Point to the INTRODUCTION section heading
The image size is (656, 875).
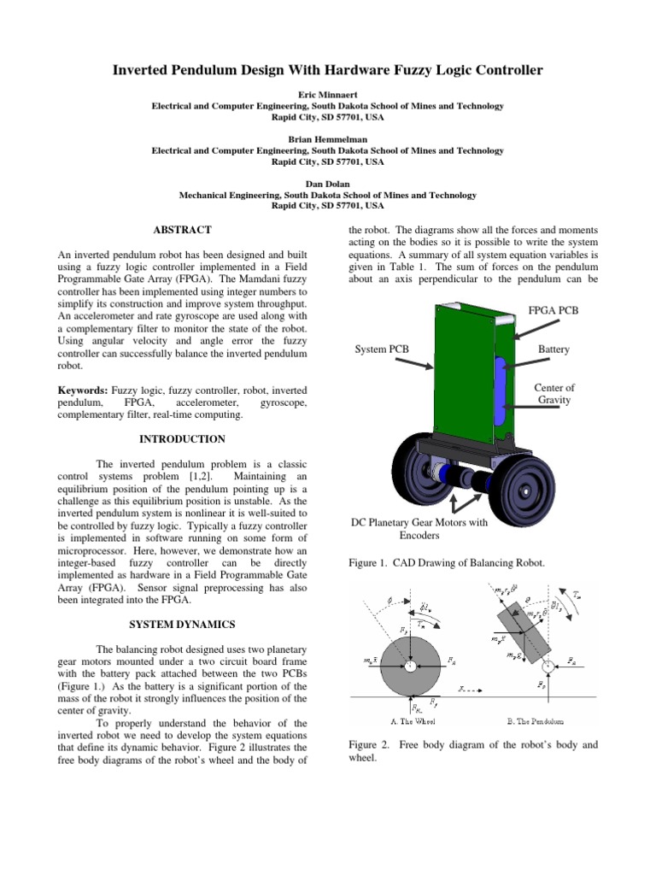click(x=182, y=439)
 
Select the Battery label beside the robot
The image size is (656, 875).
click(x=553, y=350)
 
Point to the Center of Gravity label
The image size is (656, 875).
click(x=553, y=394)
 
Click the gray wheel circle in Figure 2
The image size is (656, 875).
click(x=410, y=666)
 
